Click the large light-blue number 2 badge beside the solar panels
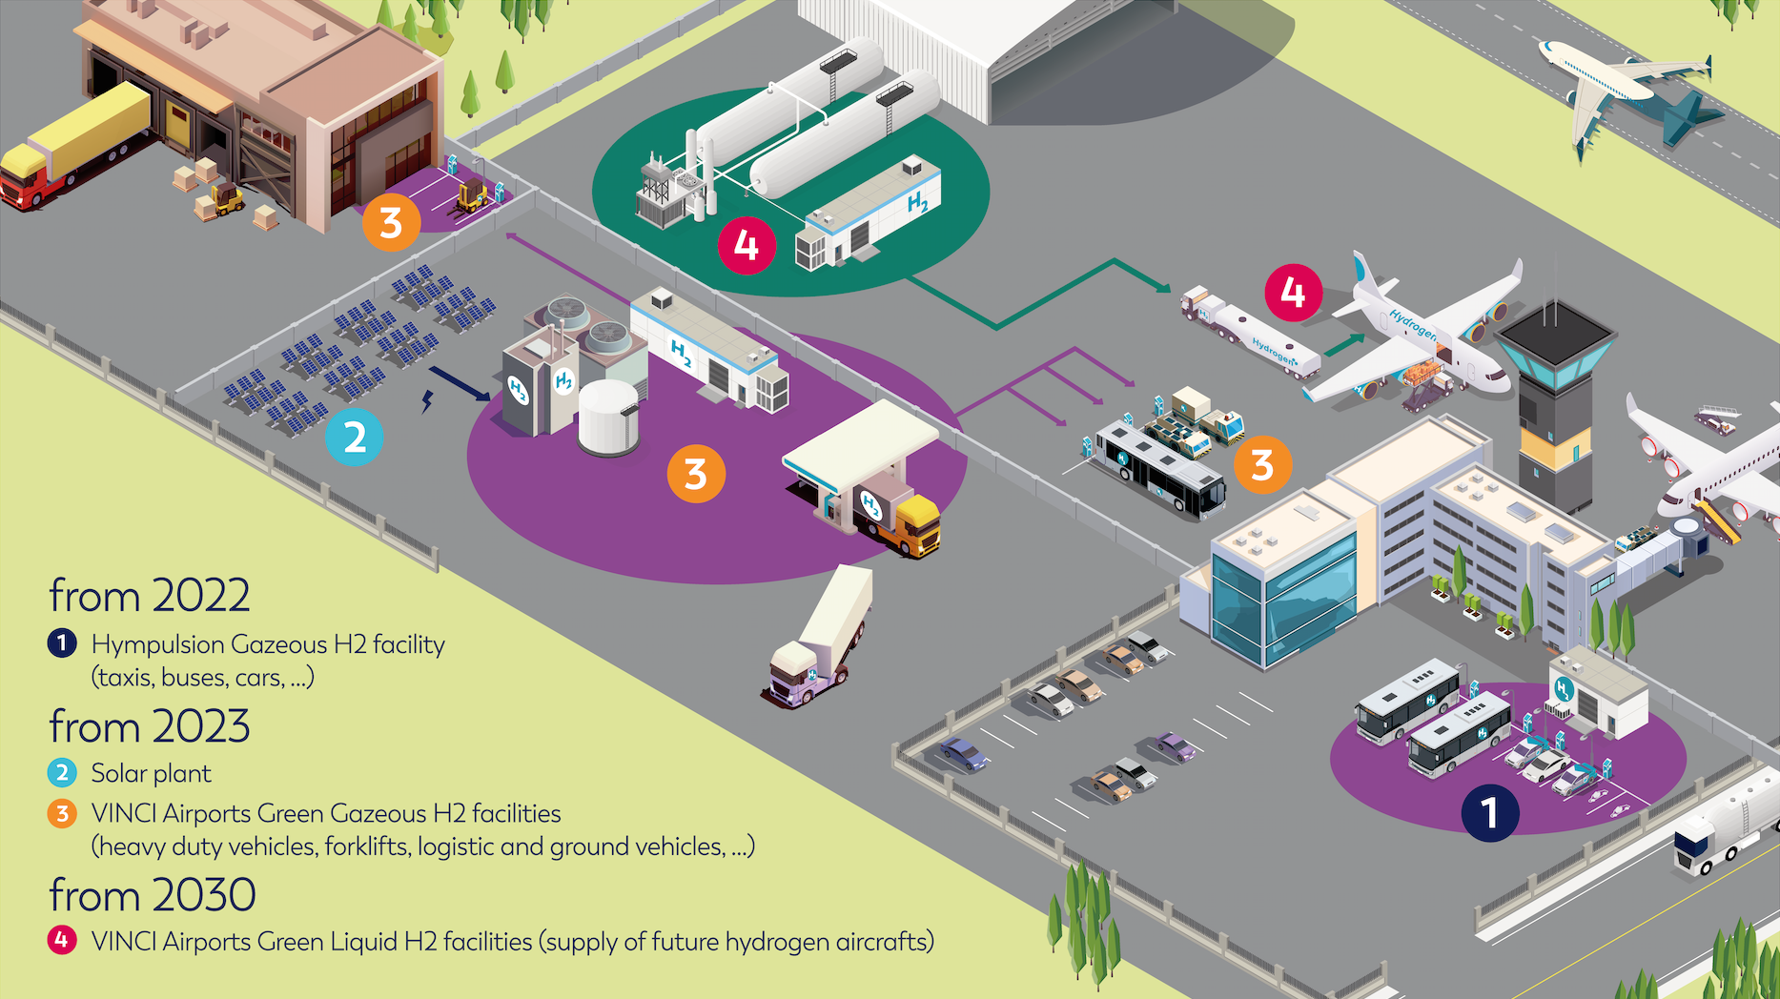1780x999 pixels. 355,438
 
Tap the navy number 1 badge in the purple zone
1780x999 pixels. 1490,813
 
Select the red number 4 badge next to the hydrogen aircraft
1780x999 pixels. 1294,292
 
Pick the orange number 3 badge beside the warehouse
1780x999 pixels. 391,223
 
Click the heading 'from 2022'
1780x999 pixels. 150,596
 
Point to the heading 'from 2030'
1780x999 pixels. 153,895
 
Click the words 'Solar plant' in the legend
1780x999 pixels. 151,773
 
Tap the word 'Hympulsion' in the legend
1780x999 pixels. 157,645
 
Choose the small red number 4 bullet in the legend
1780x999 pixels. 62,941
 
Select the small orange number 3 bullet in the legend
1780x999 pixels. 62,813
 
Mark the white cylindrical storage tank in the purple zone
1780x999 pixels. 608,418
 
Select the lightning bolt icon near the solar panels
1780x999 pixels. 428,401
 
